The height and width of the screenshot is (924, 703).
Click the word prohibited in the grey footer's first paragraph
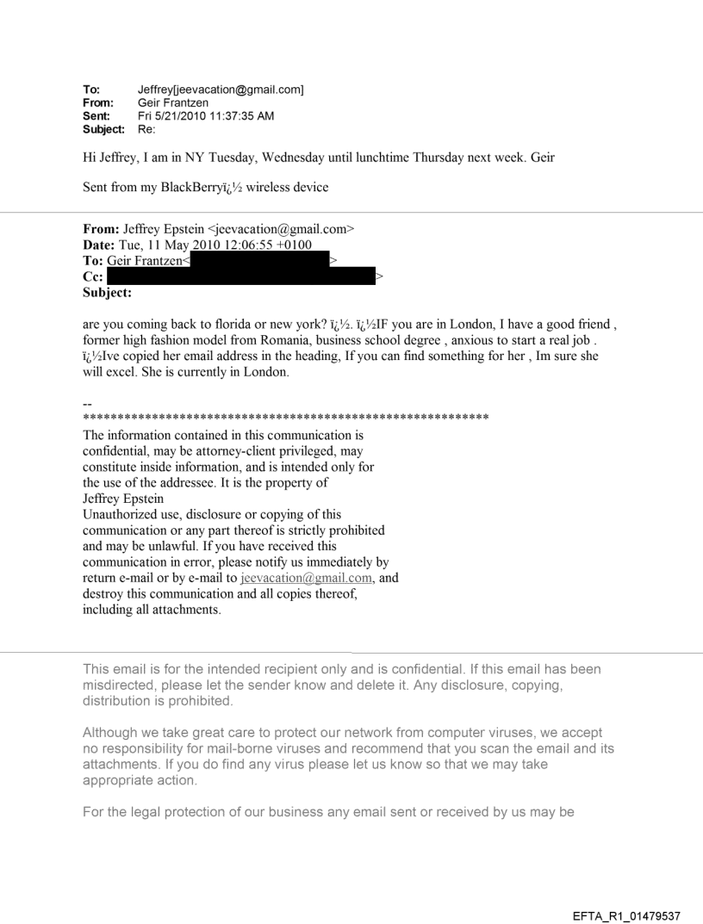[191, 700]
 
